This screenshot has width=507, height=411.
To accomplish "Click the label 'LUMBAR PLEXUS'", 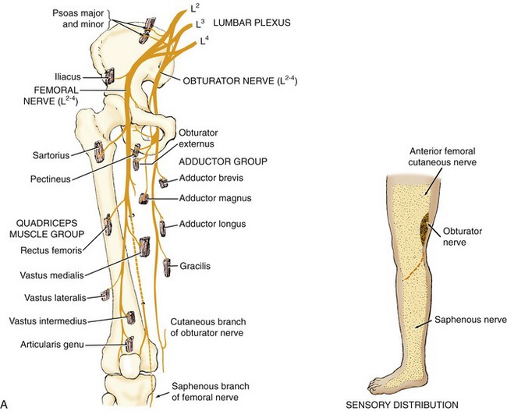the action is tap(252, 23).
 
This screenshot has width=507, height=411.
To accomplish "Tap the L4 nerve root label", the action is tap(204, 41).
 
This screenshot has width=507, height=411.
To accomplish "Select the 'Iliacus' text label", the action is tap(67, 77).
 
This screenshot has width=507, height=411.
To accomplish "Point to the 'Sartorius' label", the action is tap(51, 155).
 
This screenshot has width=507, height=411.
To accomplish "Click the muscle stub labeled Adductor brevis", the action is tap(163, 183).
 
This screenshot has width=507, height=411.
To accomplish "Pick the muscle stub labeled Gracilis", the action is tap(167, 268).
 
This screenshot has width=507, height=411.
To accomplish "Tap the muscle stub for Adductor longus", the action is tap(162, 229).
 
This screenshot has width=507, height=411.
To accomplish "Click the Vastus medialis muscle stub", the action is tap(144, 246).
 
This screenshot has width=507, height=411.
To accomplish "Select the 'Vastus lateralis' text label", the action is tap(55, 297).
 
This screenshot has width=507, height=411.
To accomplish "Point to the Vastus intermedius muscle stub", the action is tap(130, 317).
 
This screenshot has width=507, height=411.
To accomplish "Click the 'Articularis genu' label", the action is tap(52, 345).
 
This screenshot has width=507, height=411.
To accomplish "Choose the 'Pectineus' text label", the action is tap(51, 179).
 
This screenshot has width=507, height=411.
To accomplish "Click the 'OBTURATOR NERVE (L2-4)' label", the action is tap(240, 80).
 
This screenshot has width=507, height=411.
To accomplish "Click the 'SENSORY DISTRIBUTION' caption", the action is tap(402, 405).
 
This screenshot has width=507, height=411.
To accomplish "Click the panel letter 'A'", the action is tap(4, 403).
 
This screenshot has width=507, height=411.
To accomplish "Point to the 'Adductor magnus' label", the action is tap(215, 198).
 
